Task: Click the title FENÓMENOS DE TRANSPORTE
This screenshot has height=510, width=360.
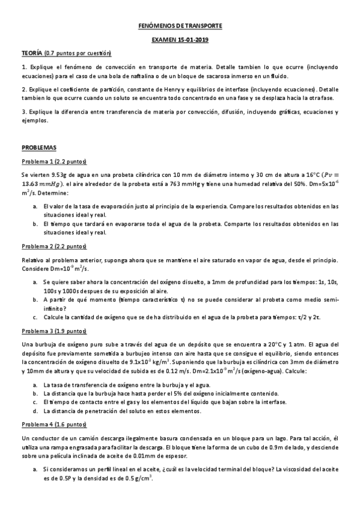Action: click(180, 26)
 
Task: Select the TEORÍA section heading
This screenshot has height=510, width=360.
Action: click(34, 54)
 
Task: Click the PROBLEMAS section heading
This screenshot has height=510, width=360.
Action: click(38, 147)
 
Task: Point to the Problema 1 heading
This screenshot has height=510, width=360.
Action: click(55, 161)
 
